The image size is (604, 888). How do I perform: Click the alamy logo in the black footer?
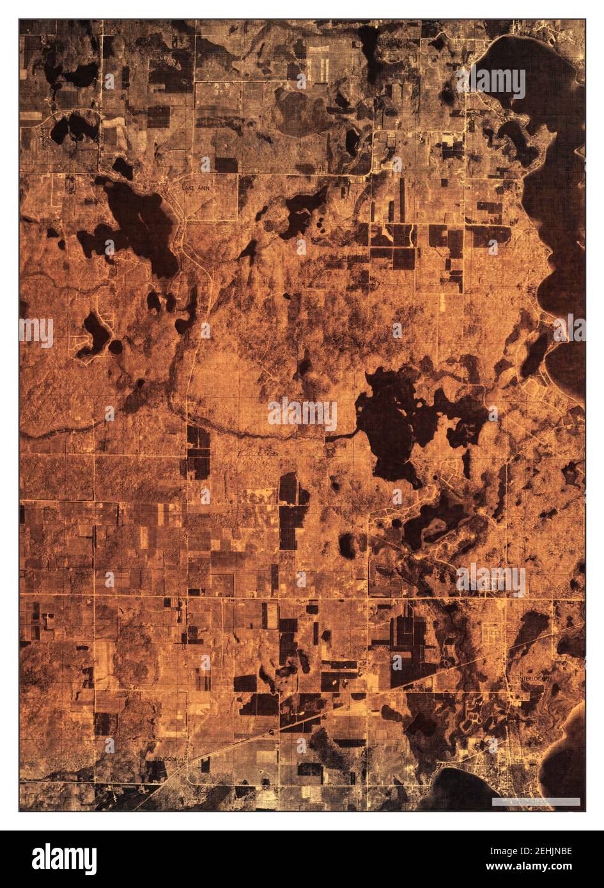click(x=65, y=859)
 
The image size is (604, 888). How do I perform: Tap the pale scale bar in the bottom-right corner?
click(x=536, y=802)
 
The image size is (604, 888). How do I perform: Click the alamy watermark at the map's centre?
click(x=302, y=415)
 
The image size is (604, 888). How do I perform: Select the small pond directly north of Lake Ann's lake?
click(x=121, y=168)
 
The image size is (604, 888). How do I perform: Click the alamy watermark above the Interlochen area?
click(x=491, y=579)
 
